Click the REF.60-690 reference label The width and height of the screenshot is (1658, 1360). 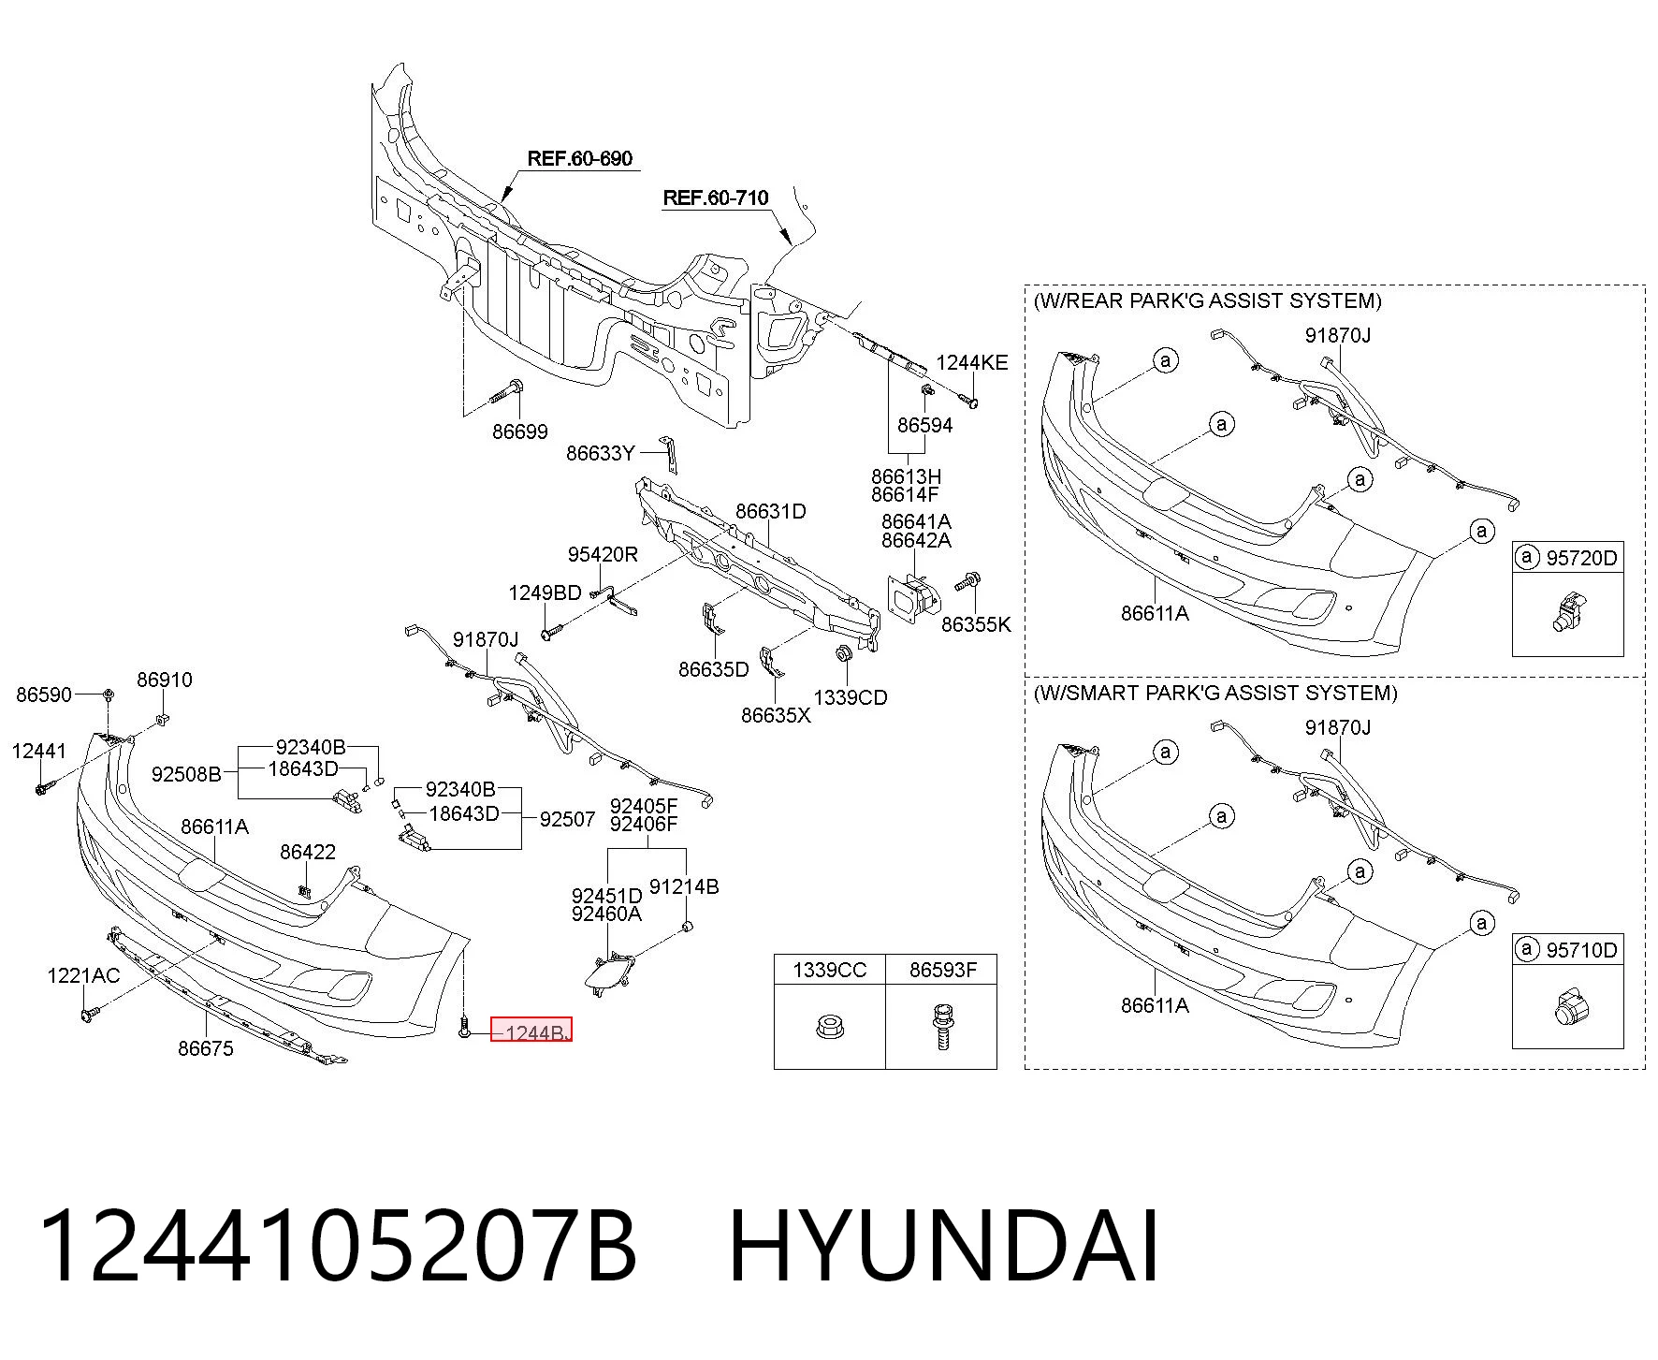pos(580,158)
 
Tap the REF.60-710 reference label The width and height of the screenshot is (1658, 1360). pos(716,197)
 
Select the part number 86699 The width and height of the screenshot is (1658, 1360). pos(520,431)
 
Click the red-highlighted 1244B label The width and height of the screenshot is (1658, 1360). pos(531,1031)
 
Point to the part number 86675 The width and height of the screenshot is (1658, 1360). pos(206,1048)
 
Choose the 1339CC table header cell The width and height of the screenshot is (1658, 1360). pos(830,970)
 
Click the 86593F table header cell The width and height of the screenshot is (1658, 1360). pos(942,970)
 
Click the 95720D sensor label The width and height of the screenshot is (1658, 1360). pos(1581,558)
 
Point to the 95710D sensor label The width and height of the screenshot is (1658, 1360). pos(1581,950)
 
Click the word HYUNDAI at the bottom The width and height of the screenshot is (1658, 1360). pos(944,1247)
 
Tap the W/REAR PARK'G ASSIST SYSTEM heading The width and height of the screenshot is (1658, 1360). pos(1207,300)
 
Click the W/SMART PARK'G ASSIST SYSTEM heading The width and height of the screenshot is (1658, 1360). pos(1215,693)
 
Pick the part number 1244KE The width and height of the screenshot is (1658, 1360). pos(972,362)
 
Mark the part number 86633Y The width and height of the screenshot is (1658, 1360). pos(601,453)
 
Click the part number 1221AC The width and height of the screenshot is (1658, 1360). pos(83,975)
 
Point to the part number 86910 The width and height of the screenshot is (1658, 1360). pos(165,680)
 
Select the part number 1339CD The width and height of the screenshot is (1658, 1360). pos(851,697)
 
